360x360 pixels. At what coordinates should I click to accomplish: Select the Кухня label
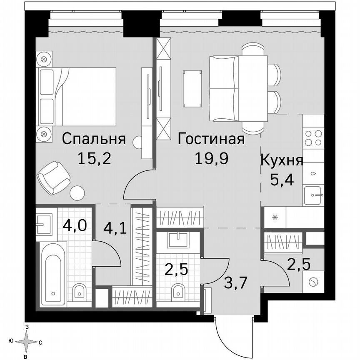point(281,160)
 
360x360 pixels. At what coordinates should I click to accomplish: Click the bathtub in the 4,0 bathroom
point(53,275)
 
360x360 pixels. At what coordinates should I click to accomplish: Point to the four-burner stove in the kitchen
point(313,138)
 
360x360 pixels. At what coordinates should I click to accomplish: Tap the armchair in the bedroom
point(53,177)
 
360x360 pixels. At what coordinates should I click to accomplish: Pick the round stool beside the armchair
point(77,192)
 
